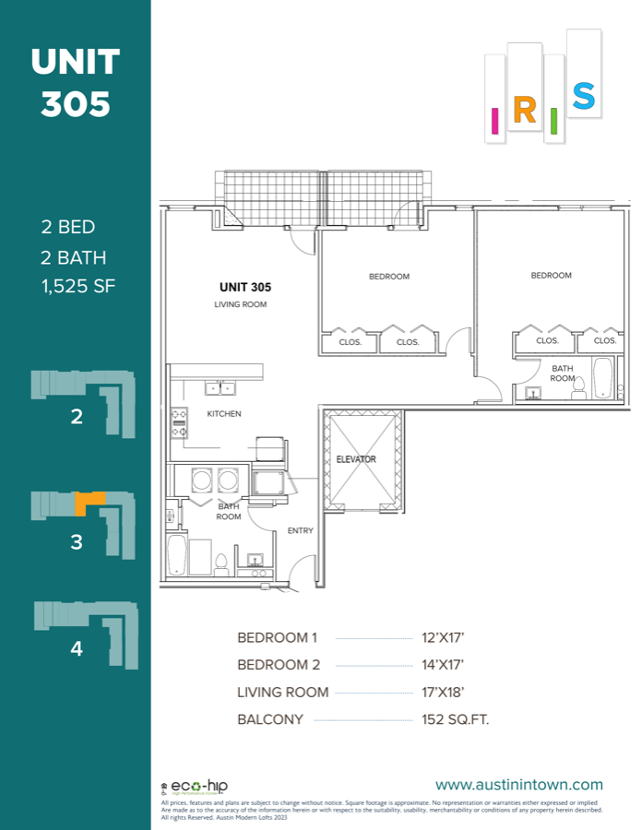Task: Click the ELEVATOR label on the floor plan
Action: point(356,459)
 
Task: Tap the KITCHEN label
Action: point(224,414)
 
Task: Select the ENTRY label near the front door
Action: point(301,530)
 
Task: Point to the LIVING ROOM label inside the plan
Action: point(240,304)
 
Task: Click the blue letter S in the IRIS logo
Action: point(583,95)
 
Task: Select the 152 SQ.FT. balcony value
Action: point(449,719)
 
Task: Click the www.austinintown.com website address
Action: point(518,785)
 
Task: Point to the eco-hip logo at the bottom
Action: point(194,787)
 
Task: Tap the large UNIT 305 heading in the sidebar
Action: point(76,83)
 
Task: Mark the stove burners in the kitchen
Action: point(179,423)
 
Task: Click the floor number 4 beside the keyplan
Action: point(77,649)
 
